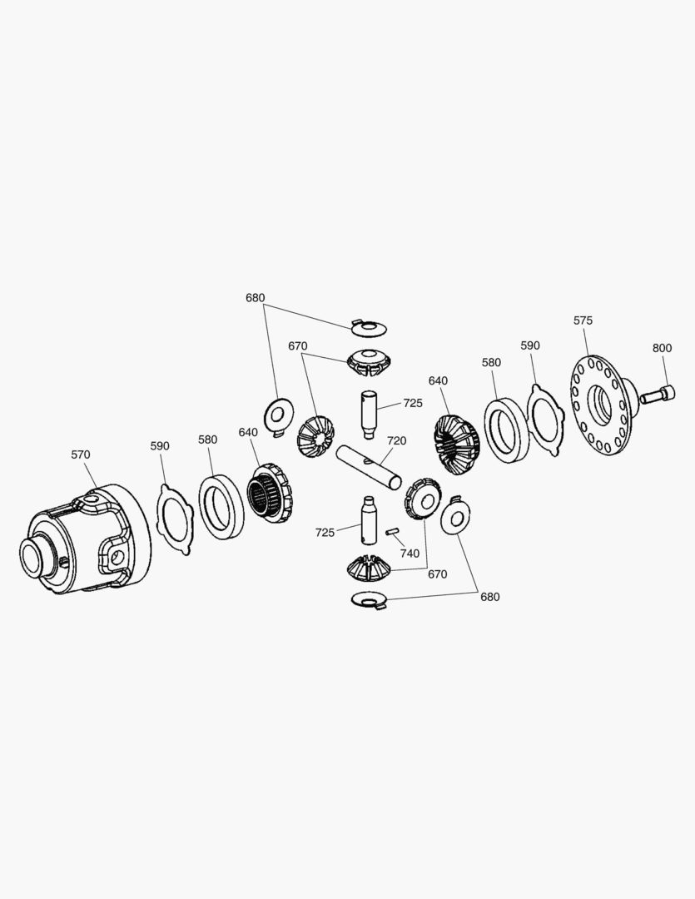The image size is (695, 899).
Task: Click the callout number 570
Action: [x=80, y=454]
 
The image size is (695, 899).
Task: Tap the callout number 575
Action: [x=583, y=320]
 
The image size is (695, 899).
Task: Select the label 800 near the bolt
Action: [x=662, y=348]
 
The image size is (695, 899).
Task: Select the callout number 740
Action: [x=410, y=554]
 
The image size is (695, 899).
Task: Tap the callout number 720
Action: [x=396, y=441]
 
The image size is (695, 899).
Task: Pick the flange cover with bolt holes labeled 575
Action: [x=601, y=405]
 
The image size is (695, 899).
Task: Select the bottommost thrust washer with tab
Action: [x=370, y=599]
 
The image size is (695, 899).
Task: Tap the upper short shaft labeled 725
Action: [x=368, y=413]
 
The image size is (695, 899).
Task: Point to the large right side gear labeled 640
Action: [x=456, y=445]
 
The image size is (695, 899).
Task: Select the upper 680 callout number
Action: [x=256, y=298]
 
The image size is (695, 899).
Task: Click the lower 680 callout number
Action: [x=489, y=597]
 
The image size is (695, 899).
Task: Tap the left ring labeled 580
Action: [x=221, y=507]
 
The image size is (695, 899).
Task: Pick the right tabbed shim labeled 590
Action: [x=545, y=420]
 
